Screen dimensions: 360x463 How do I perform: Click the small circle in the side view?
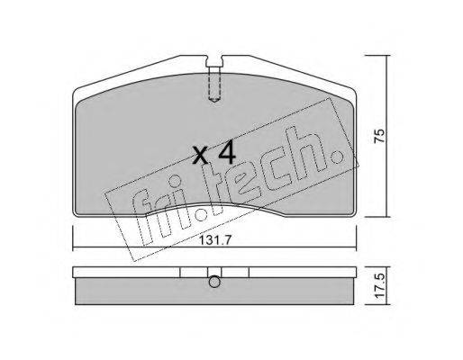(213, 282)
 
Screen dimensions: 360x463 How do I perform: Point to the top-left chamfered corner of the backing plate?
(78, 91)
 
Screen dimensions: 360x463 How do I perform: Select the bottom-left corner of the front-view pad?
(75, 217)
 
